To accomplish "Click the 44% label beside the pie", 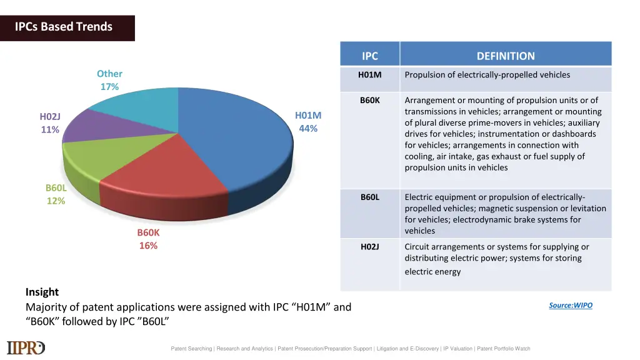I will click(x=308, y=129).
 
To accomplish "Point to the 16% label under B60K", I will click(x=148, y=246).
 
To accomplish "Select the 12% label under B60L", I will click(x=56, y=201).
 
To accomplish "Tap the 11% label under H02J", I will click(x=50, y=130).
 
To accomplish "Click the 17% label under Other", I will click(x=109, y=87).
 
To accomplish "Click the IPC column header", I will click(x=370, y=56).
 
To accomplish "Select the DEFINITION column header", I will click(x=506, y=56).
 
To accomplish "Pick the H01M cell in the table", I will click(x=370, y=75).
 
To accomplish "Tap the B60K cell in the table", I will click(x=370, y=100).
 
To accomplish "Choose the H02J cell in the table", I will click(x=370, y=247).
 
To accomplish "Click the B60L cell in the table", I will click(x=370, y=197).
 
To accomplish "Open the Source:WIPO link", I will click(x=570, y=306).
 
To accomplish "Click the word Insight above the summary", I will click(x=42, y=292).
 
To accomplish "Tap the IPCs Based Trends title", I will click(x=64, y=27).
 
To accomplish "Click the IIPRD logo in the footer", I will click(x=26, y=347).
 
